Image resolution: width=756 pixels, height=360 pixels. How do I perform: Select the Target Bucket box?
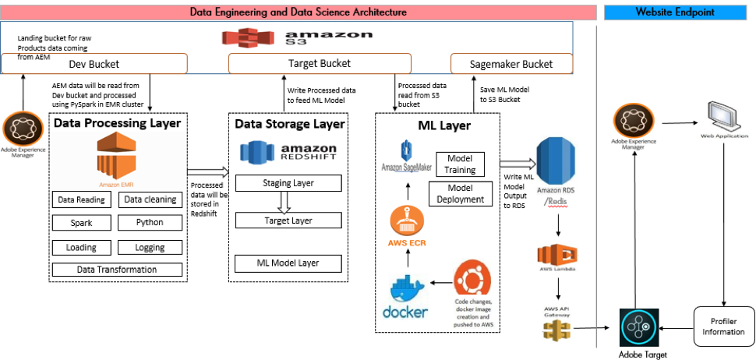click(319, 63)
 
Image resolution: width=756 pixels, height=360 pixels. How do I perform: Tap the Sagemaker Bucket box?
click(511, 63)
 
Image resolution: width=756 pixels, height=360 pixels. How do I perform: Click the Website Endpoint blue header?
click(676, 12)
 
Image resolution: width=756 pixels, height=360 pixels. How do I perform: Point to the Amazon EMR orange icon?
click(117, 156)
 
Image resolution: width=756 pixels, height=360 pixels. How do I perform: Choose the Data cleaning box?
click(150, 200)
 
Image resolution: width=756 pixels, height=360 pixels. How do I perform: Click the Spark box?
click(81, 223)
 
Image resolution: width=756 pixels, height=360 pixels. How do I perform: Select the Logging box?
click(150, 247)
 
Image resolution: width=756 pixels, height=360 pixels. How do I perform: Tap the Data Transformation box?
click(117, 270)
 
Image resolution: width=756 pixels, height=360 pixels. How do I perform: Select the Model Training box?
click(460, 164)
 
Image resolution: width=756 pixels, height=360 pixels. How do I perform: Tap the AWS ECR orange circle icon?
click(406, 221)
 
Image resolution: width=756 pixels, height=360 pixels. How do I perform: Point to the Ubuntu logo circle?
click(473, 278)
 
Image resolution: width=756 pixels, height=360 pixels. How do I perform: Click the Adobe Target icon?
click(639, 327)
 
